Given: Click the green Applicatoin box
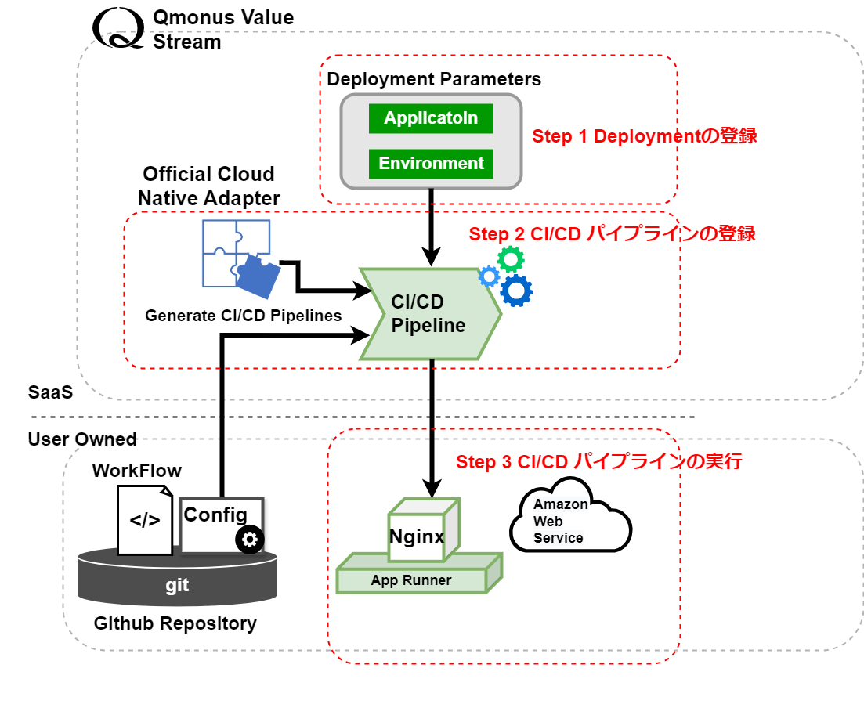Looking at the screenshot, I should coord(431,119).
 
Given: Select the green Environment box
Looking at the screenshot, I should coord(431,164).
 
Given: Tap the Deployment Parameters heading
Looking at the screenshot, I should coord(434,79).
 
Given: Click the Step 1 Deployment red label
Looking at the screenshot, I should coord(645,135).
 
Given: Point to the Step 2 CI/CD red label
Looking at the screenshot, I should coord(612,233).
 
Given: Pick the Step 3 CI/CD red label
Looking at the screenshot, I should coord(598,461).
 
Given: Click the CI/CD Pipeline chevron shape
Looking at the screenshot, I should coord(429,313).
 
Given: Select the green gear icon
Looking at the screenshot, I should coord(511,258).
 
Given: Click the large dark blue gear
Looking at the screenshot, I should coord(516,291).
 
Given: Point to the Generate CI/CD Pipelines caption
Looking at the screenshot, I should coord(244,316).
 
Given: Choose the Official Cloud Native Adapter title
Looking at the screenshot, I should coord(209,186).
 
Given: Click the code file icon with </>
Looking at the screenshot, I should coord(145,520).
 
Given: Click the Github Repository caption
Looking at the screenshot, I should coord(175,623).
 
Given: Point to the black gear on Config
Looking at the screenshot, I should coord(250,539).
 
